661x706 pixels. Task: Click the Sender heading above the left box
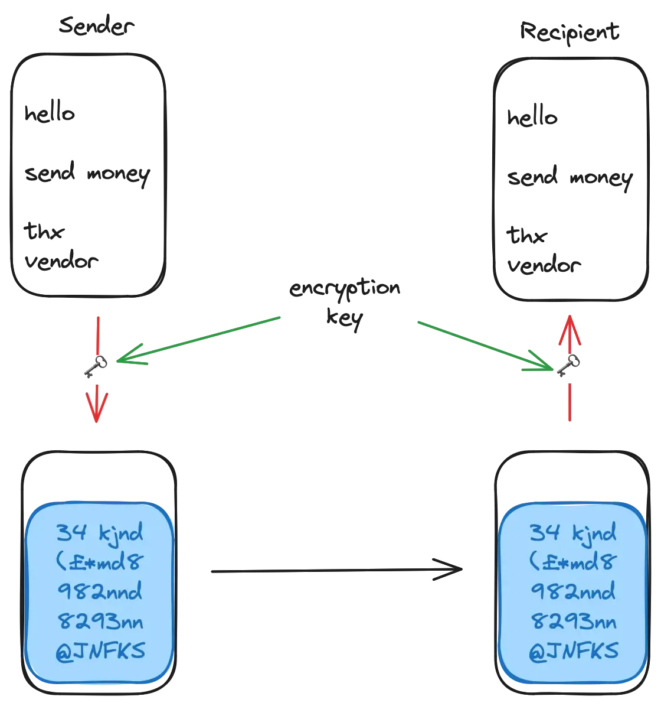click(x=97, y=27)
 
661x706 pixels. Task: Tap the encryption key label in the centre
click(x=345, y=304)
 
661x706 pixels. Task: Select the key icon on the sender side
click(x=95, y=367)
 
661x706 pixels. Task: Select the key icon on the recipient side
click(x=568, y=366)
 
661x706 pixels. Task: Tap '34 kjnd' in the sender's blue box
click(x=100, y=533)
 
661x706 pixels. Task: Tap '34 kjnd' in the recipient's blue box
click(x=572, y=533)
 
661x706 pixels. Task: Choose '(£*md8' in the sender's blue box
click(x=100, y=562)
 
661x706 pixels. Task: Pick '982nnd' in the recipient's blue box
click(x=572, y=591)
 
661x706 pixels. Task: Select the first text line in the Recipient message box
click(x=532, y=119)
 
